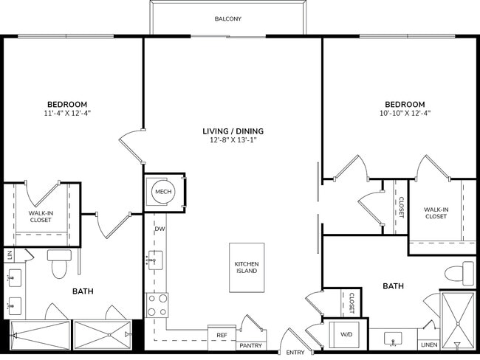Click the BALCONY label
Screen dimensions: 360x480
(228, 18)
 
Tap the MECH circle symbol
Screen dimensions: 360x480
(162, 192)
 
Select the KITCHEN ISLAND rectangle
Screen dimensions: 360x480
(246, 267)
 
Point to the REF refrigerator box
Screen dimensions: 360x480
(221, 334)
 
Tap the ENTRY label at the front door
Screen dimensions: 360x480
(295, 353)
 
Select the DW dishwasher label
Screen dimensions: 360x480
(160, 229)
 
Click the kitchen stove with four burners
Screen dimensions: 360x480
(158, 305)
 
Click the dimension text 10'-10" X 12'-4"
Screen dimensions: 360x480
(404, 114)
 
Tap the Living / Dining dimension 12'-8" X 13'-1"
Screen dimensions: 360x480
(233, 142)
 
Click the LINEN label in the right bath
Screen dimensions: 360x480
(428, 345)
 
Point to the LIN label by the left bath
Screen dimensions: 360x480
(10, 255)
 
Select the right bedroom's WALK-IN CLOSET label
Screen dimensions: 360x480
(436, 212)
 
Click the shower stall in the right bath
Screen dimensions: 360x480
(458, 319)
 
